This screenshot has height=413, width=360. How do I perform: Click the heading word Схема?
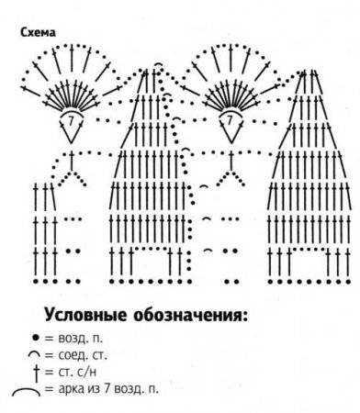click(38, 32)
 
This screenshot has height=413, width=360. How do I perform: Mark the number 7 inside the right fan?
click(226, 119)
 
